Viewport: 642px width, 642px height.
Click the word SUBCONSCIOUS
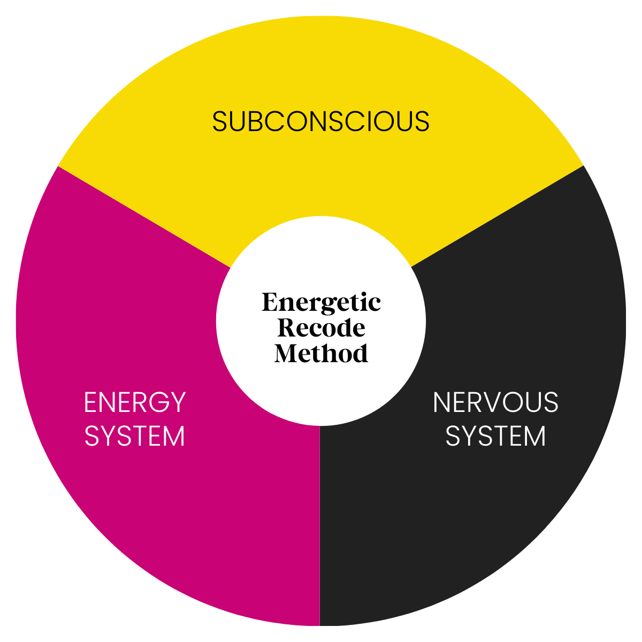tap(321, 121)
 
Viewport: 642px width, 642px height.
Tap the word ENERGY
tap(135, 402)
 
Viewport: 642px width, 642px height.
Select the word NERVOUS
tap(495, 402)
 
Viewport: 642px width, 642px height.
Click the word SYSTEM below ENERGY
tap(135, 436)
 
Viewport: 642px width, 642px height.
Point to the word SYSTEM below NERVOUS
tap(495, 436)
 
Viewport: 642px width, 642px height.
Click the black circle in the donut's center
tap(321, 321)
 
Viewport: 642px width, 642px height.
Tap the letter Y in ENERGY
tap(178, 402)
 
